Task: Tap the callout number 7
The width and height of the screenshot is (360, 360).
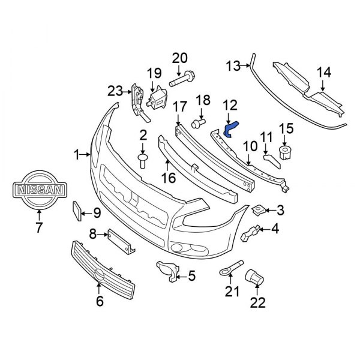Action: pyautogui.click(x=39, y=227)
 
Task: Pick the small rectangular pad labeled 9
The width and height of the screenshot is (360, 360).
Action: pyautogui.click(x=77, y=212)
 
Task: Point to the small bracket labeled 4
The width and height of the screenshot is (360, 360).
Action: pyautogui.click(x=251, y=232)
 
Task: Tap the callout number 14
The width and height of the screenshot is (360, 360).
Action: pyautogui.click(x=324, y=73)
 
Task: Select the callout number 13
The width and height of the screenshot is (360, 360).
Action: pyautogui.click(x=233, y=65)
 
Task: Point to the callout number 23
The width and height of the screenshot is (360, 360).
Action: pyautogui.click(x=115, y=91)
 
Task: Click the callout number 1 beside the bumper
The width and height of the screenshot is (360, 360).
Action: pyautogui.click(x=77, y=155)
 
